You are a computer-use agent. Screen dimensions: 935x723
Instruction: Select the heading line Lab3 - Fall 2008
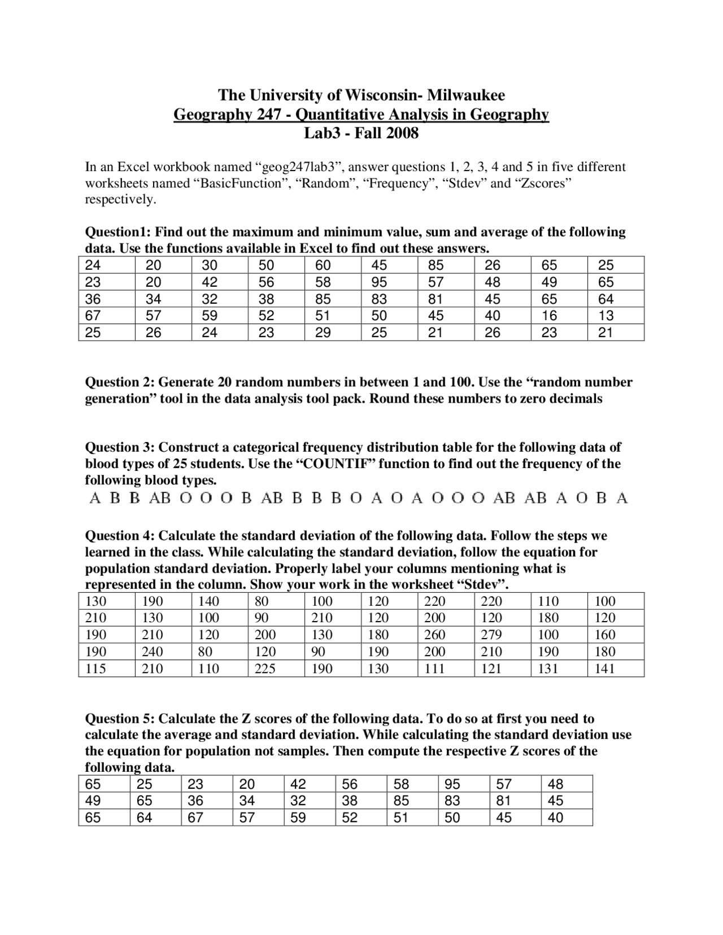(x=361, y=133)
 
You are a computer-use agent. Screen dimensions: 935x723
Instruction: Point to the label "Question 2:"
(x=119, y=382)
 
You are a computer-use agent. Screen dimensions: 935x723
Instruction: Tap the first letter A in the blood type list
(x=95, y=499)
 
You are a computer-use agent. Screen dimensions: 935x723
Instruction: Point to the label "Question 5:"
(x=119, y=719)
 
